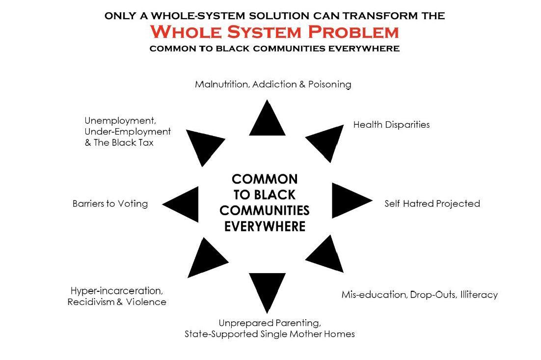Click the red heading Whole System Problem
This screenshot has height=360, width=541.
click(274, 32)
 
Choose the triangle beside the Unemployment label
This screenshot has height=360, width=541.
click(203, 144)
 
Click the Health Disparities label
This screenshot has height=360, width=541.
click(391, 125)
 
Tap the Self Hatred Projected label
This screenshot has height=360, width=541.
click(432, 203)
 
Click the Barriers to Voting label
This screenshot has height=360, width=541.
click(110, 203)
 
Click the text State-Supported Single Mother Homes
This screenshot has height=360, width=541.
click(270, 334)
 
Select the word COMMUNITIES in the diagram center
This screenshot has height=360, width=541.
click(265, 210)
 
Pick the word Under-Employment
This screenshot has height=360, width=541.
click(128, 132)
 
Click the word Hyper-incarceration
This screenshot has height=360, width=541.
click(116, 291)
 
